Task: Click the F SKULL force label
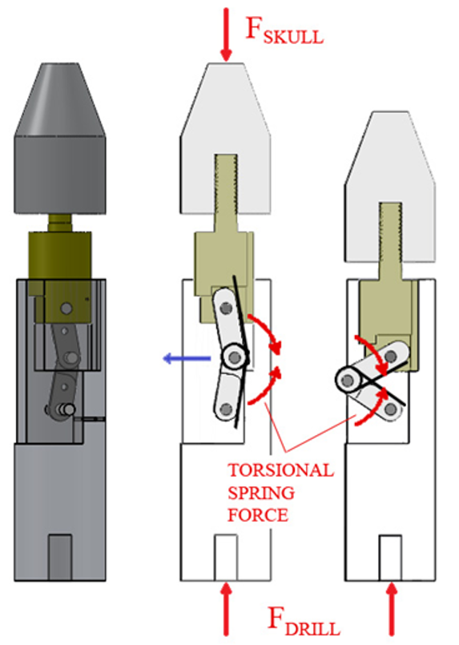[x=284, y=30]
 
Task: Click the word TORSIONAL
[x=281, y=470]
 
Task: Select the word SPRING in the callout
[x=261, y=493]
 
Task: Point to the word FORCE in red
[x=258, y=515]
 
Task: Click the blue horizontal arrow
[x=187, y=359]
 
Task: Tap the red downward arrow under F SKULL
[x=226, y=34]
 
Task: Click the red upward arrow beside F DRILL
[x=226, y=610]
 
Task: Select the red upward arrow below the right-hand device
[x=392, y=610]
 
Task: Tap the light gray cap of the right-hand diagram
[x=390, y=187]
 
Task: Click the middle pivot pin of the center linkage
[x=235, y=357]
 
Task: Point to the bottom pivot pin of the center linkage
[x=226, y=409]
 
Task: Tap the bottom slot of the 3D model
[x=60, y=557]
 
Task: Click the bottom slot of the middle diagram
[x=226, y=558]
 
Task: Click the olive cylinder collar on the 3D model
[x=60, y=256]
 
